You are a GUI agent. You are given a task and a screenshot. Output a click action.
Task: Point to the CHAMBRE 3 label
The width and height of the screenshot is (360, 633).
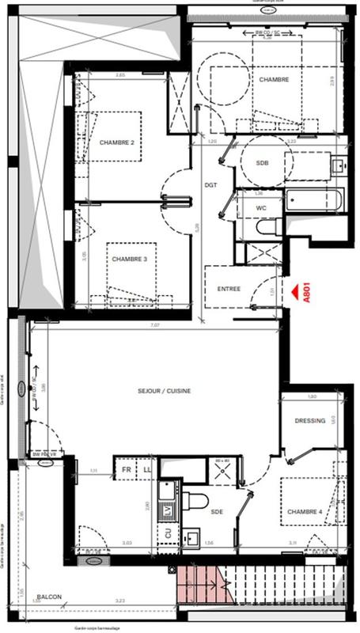tap(129, 259)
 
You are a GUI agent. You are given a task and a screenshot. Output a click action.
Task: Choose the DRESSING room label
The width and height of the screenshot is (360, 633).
tap(310, 421)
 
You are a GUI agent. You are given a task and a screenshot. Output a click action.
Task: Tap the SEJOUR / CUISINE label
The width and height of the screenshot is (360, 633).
tap(165, 391)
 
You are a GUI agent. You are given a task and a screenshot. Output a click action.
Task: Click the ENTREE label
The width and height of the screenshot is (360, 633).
tap(229, 289)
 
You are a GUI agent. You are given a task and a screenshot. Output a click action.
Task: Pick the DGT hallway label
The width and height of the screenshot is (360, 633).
tap(210, 184)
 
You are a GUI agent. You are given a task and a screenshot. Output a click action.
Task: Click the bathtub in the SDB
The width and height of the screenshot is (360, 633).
tap(315, 201)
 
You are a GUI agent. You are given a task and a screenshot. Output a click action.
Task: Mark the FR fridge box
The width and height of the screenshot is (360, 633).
tap(125, 469)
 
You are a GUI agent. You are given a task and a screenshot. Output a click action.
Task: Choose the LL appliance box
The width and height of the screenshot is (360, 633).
tap(146, 469)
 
